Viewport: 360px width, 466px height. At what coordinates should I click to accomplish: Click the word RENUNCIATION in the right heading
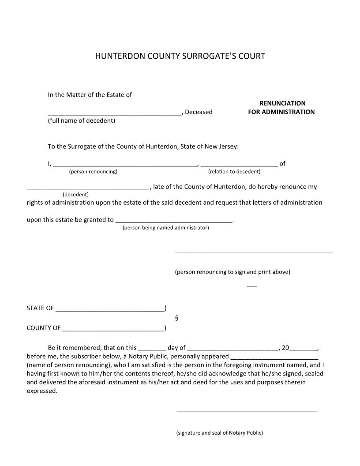pos(282,103)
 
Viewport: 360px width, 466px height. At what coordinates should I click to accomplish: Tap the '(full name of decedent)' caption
pos(82,120)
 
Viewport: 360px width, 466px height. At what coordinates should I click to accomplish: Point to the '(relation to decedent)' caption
pos(234,171)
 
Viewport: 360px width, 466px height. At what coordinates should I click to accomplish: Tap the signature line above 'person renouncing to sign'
pos(254,252)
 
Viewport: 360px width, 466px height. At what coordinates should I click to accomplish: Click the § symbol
pos(176,318)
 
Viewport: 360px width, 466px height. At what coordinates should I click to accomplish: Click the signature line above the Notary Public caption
pos(247,411)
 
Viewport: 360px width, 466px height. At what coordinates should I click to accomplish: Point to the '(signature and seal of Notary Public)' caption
pos(219,433)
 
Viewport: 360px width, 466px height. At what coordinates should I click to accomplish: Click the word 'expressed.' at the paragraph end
pos(42,391)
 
